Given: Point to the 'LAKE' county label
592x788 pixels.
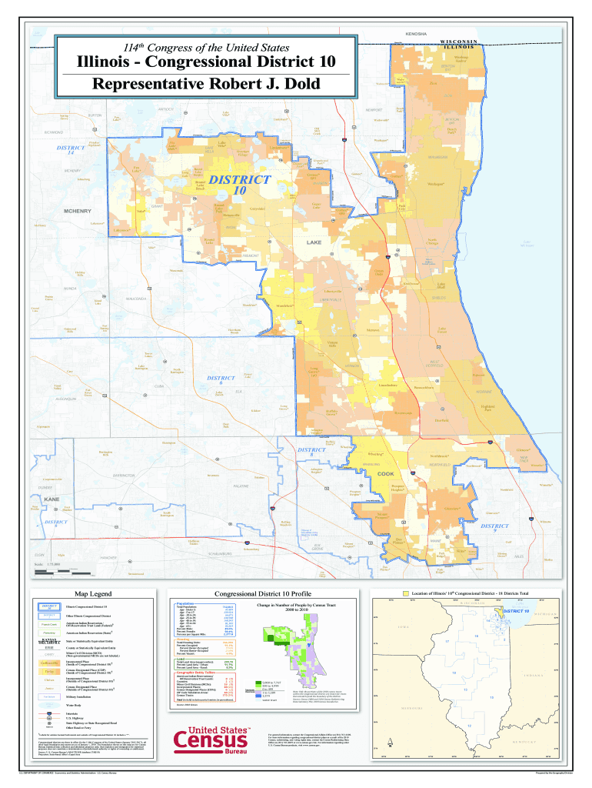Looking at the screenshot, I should pyautogui.click(x=314, y=242).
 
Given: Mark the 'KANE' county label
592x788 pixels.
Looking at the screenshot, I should pyautogui.click(x=52, y=500).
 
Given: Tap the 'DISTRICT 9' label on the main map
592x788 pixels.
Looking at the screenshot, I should pyautogui.click(x=494, y=529).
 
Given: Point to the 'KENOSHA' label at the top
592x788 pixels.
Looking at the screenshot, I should pyautogui.click(x=415, y=35).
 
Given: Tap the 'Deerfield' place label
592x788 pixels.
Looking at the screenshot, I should pyautogui.click(x=441, y=420).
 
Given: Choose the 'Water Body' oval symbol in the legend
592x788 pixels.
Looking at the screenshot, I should pyautogui.click(x=49, y=704).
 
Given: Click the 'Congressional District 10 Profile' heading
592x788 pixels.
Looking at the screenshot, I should pyautogui.click(x=261, y=594).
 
